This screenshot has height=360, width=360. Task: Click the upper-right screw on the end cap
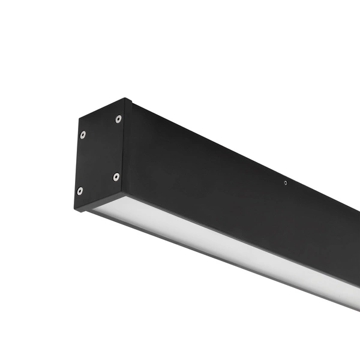pos(118,119)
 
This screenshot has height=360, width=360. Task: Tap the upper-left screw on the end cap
pos(82,134)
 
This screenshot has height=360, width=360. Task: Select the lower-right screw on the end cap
pos(116,176)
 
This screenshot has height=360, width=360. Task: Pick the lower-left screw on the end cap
pos(80,191)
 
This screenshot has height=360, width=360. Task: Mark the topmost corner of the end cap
pos(125,98)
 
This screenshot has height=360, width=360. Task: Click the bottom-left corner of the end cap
pos(75,209)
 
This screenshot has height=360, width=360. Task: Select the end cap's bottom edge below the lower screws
pos(99,202)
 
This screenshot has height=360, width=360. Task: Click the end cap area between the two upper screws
pos(100,127)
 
